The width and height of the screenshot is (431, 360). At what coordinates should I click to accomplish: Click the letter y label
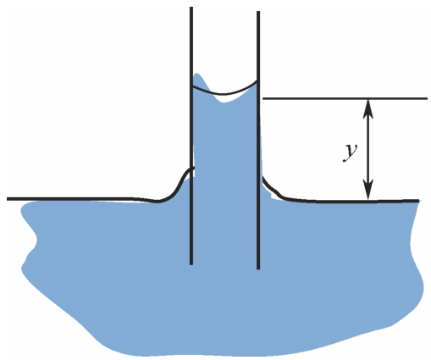pos(351,152)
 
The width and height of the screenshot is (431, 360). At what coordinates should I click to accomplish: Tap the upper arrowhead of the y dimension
pos(368,108)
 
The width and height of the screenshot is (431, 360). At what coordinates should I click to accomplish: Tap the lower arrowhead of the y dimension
pos(368,190)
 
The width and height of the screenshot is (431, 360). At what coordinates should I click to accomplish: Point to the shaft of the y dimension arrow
pos(368,149)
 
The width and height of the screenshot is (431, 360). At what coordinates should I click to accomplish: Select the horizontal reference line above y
pos(345,98)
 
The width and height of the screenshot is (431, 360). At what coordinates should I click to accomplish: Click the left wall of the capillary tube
pos(191,136)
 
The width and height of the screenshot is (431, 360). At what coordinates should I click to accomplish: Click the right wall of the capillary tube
pos(258,141)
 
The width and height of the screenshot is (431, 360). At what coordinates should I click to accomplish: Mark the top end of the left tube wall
pos(191,8)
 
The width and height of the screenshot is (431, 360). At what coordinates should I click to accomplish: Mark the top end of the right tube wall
pos(258,12)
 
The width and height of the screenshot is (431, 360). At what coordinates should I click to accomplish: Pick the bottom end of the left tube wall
pos(191,264)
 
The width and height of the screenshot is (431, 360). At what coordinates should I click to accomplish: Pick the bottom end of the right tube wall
pos(258,269)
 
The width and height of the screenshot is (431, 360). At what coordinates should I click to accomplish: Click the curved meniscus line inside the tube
pos(224,93)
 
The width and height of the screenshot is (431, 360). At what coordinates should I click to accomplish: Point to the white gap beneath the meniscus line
pos(226,98)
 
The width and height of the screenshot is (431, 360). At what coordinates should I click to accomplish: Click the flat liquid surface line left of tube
pos(82,199)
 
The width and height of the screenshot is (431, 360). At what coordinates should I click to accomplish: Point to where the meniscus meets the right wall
pos(257,81)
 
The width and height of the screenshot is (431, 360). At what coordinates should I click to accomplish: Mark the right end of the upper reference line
pos(428,98)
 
